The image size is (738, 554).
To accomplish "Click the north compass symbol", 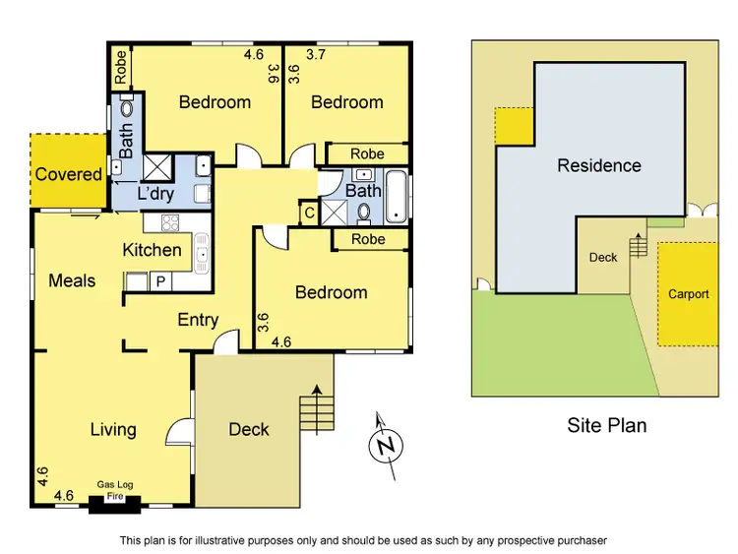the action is click(x=387, y=446).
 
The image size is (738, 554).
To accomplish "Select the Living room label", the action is click(x=113, y=429).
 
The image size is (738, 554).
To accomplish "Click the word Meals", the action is click(x=72, y=280).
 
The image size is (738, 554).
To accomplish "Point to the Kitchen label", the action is click(x=152, y=250).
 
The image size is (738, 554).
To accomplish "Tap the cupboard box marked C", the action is click(x=308, y=214).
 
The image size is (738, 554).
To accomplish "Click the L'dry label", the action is click(x=155, y=193).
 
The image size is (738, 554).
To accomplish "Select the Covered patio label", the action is click(x=69, y=174).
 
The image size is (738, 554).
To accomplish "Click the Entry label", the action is click(x=198, y=320).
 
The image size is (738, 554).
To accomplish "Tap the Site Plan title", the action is click(x=606, y=425).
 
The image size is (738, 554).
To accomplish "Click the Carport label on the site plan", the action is click(x=688, y=294).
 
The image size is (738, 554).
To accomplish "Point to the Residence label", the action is click(x=599, y=165).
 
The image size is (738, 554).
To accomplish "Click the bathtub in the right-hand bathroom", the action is click(x=396, y=196).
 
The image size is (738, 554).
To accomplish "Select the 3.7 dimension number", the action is click(x=318, y=55).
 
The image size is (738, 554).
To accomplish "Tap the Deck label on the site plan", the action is click(x=603, y=258).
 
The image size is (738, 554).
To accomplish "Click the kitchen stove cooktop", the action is click(x=168, y=221).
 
